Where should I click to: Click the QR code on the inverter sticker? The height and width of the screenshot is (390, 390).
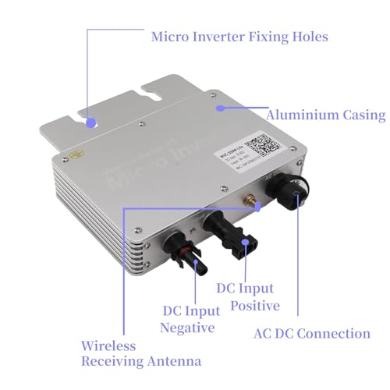point(258,146)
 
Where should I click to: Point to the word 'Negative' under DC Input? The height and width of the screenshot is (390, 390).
point(186,328)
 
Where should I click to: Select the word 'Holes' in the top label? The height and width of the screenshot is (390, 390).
point(309,36)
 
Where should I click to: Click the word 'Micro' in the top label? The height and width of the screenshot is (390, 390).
point(173,36)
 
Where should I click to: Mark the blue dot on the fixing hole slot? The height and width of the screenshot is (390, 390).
point(92,122)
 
